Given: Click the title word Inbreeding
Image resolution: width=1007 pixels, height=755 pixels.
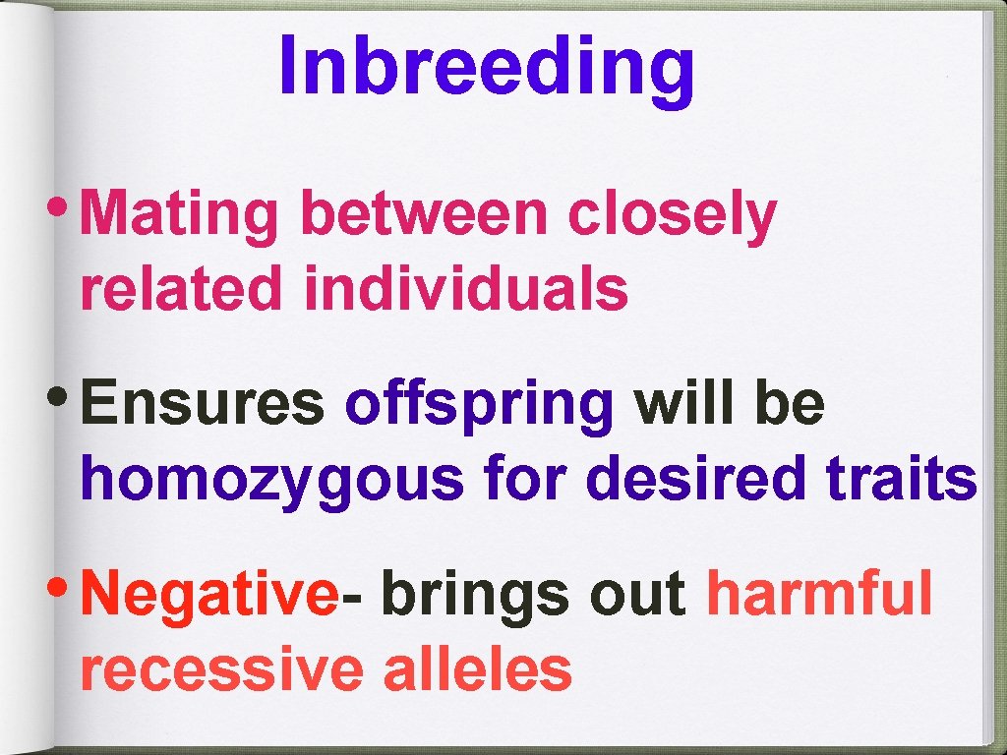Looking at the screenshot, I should (487, 66).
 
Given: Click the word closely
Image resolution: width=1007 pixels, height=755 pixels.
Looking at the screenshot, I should (672, 216).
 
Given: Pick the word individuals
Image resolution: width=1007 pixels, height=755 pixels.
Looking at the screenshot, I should (466, 290).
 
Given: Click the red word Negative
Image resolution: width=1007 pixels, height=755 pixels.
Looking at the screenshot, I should (208, 596).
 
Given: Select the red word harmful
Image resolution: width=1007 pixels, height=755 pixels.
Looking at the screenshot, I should (819, 594).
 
